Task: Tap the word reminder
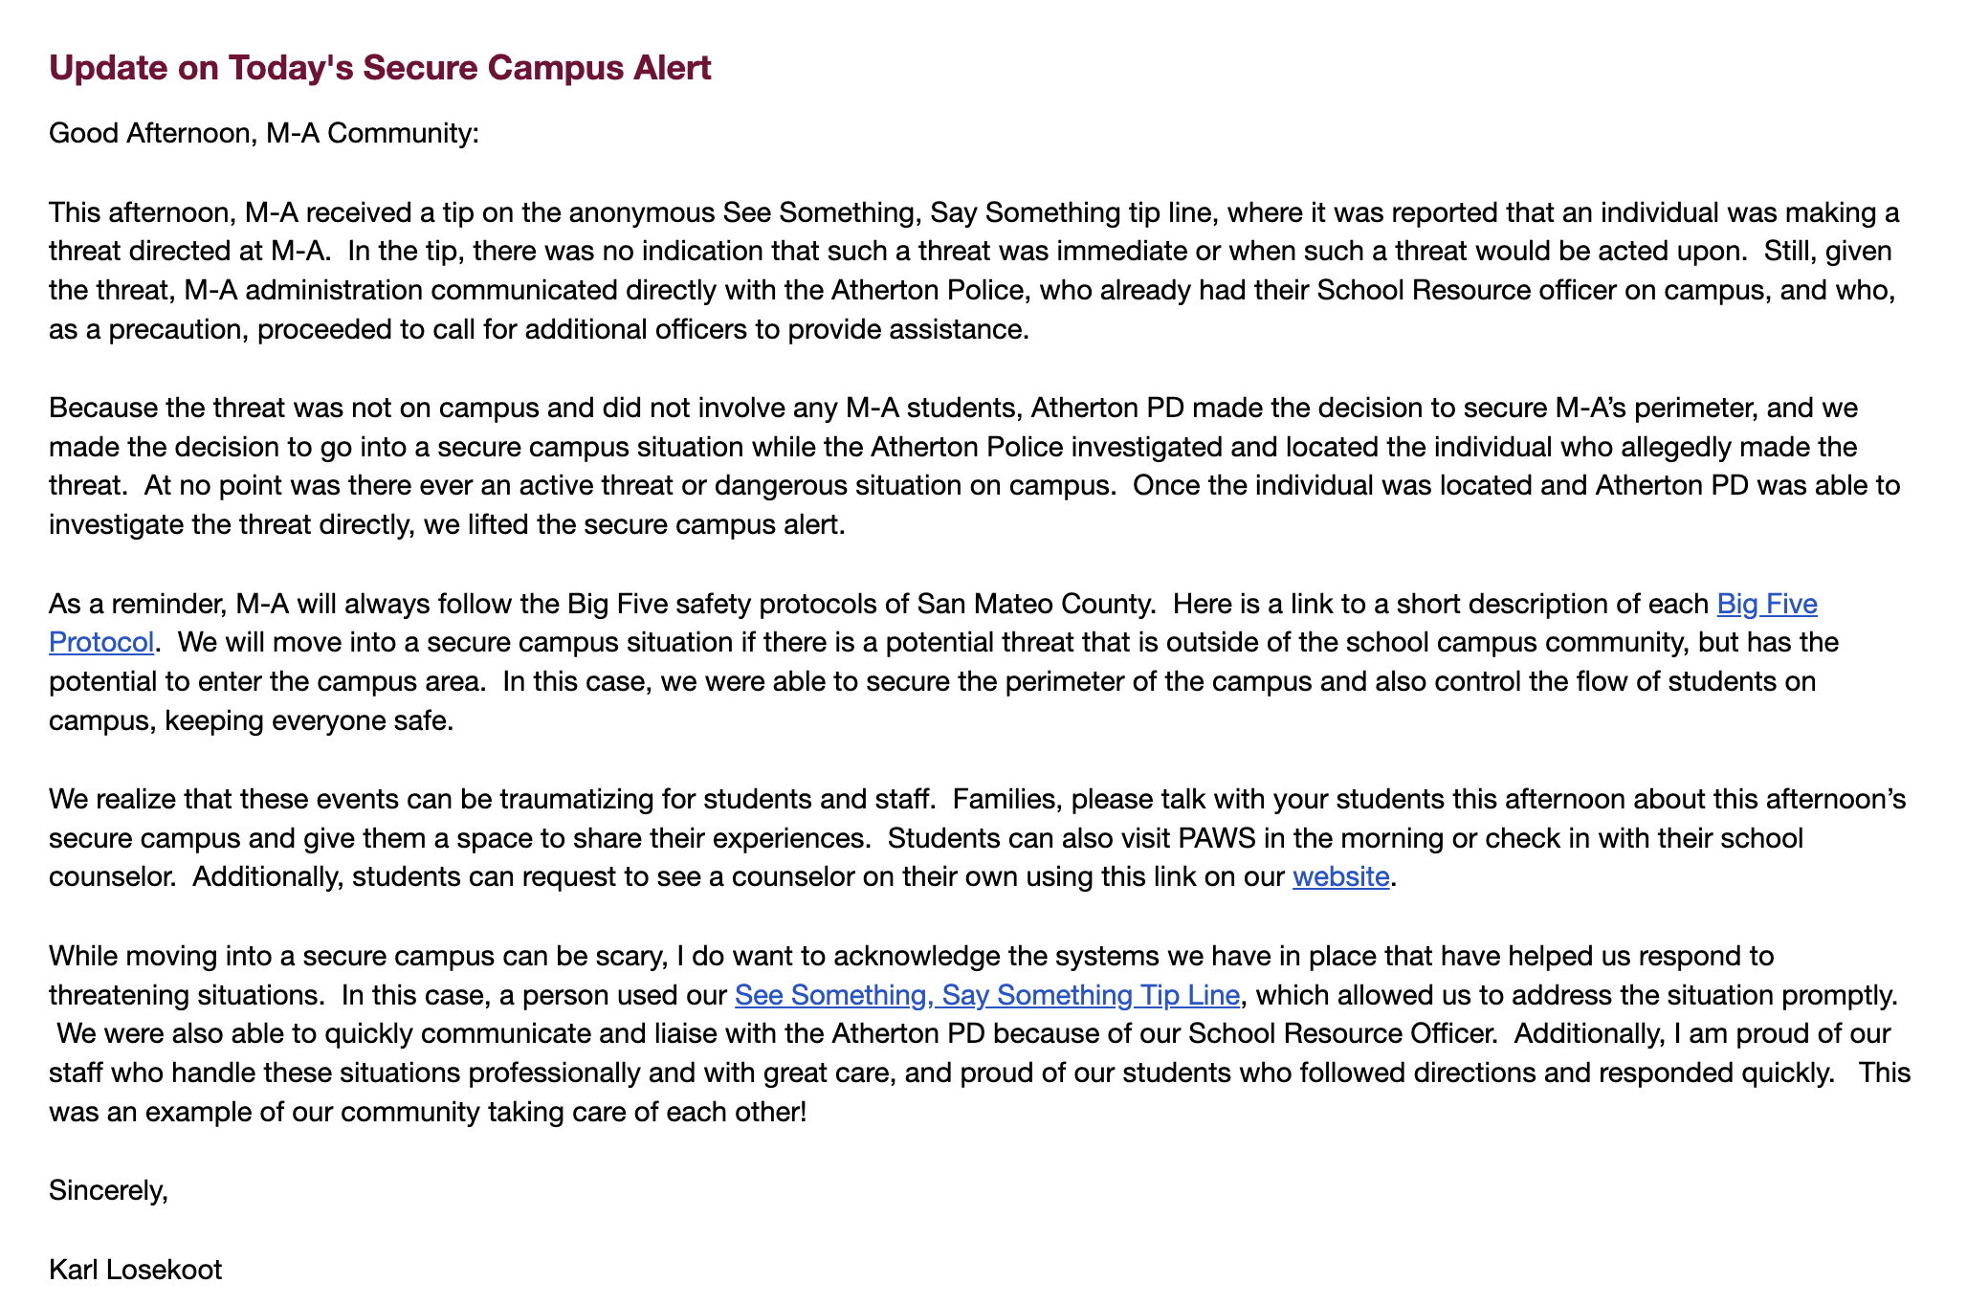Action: (x=164, y=604)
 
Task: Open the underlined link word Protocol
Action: (x=101, y=642)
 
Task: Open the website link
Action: (x=1340, y=877)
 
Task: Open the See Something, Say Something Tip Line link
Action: (x=987, y=995)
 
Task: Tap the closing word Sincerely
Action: (x=108, y=1190)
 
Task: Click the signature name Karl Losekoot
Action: (x=135, y=1270)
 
